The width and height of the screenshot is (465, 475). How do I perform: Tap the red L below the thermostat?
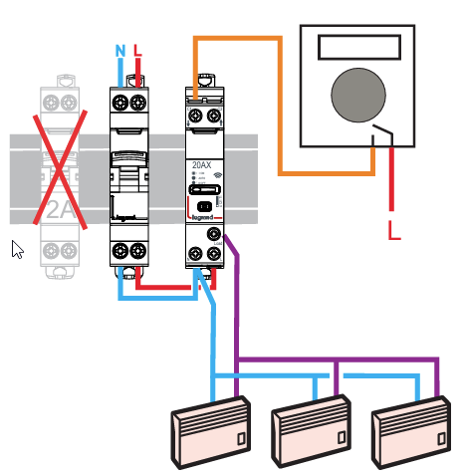click(394, 233)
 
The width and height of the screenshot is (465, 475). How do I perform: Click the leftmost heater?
click(207, 432)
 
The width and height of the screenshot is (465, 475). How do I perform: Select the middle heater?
click(311, 432)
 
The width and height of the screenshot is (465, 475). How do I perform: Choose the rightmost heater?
click(412, 432)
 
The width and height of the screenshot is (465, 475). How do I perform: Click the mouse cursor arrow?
click(17, 249)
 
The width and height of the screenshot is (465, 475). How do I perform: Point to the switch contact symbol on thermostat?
click(382, 137)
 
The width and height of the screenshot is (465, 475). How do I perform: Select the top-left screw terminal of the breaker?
click(122, 103)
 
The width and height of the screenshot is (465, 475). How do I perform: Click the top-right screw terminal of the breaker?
click(143, 103)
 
